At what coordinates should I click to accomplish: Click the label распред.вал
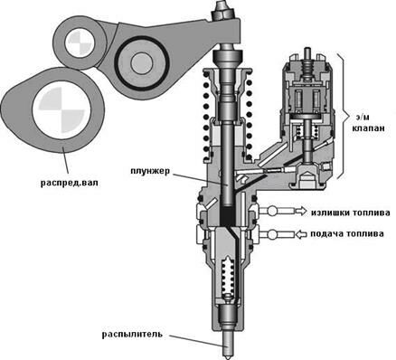pyautogui.click(x=70, y=183)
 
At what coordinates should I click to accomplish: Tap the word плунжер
pyautogui.click(x=150, y=171)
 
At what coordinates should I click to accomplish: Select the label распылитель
pyautogui.click(x=132, y=334)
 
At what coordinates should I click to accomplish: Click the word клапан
pyautogui.click(x=368, y=128)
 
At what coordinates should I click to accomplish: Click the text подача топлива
pyautogui.click(x=347, y=233)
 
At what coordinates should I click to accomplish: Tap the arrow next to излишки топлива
pyautogui.click(x=299, y=211)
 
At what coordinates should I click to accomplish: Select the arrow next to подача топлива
pyautogui.click(x=300, y=234)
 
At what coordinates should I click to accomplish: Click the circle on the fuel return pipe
pyautogui.click(x=272, y=211)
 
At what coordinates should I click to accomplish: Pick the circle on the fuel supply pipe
pyautogui.click(x=272, y=234)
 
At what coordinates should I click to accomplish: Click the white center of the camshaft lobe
pyautogui.click(x=61, y=110)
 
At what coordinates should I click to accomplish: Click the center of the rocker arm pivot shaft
pyautogui.click(x=142, y=62)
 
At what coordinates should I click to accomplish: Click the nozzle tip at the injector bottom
pyautogui.click(x=228, y=346)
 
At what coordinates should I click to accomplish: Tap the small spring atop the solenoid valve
pyautogui.click(x=306, y=67)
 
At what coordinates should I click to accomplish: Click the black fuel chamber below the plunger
pyautogui.click(x=228, y=215)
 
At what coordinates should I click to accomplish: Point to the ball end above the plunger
pyautogui.click(x=228, y=56)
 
